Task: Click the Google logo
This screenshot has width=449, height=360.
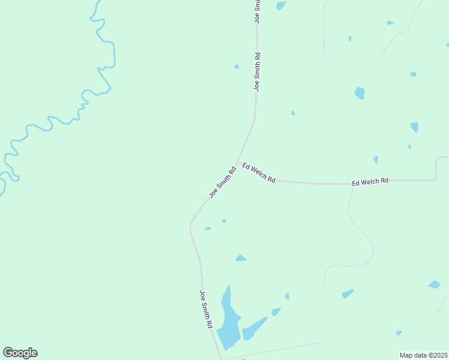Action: pos(20,353)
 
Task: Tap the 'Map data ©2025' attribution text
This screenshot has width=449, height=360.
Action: pos(423,355)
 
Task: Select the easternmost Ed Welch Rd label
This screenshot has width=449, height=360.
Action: pos(370,181)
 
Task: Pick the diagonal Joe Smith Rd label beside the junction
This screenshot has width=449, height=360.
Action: pos(222,182)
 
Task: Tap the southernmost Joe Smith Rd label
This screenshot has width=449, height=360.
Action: pos(206,308)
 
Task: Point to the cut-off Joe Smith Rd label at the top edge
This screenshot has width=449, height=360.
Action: pos(258,11)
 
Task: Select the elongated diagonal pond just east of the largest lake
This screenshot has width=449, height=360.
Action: pos(255,329)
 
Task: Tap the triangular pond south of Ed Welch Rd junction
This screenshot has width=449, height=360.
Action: pos(241,258)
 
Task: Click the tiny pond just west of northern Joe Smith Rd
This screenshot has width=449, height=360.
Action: pos(237,67)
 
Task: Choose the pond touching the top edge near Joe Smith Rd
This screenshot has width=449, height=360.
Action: pos(280,5)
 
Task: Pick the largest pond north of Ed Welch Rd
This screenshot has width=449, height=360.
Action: pos(360,93)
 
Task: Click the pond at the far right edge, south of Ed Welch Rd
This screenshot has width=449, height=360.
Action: pos(434,284)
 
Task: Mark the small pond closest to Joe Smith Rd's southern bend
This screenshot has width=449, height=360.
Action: pos(208,229)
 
